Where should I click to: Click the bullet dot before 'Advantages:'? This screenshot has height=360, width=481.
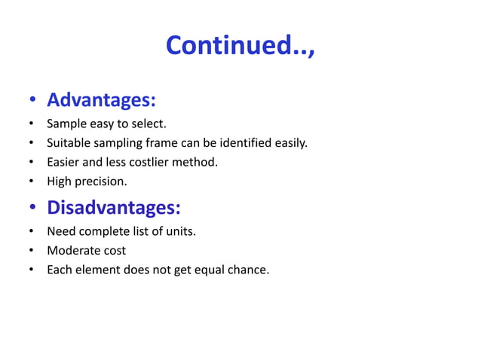[x=32, y=102]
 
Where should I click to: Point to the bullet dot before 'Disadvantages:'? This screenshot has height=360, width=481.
[x=32, y=209]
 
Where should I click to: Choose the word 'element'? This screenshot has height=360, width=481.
[x=100, y=270]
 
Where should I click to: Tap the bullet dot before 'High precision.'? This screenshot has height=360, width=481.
[x=32, y=182]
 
